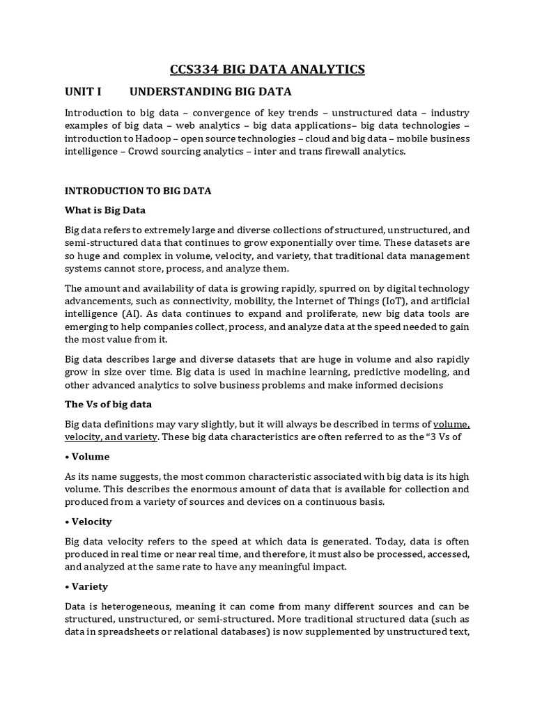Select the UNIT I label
pos(83,91)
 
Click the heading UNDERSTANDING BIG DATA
pos(210,91)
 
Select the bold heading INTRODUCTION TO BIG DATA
pos(138,190)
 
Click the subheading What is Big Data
pos(105,210)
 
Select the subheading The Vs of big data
pos(108,404)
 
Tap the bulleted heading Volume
pos(90,457)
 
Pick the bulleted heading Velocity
pos(91,522)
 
